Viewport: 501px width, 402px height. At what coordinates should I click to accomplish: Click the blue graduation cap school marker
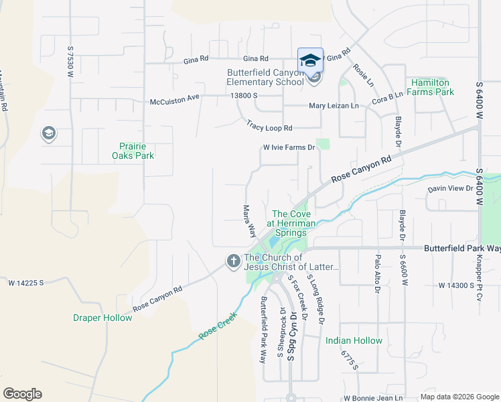coord(310,60)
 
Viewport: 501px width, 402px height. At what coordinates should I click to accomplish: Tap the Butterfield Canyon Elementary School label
coord(265,77)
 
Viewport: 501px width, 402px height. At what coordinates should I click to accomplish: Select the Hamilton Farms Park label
coord(432,87)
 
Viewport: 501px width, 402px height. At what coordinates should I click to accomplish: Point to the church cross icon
coord(233,261)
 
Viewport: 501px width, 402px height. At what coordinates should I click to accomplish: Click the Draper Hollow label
coord(102,318)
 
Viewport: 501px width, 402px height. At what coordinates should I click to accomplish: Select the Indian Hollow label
coord(354,341)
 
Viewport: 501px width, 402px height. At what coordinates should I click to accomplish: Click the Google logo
coord(22,394)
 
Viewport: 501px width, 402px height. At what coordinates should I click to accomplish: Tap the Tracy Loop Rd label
coord(269,126)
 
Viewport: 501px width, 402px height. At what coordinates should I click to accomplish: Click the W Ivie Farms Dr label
coord(288,147)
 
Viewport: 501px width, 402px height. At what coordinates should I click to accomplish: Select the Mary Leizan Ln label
coord(334,106)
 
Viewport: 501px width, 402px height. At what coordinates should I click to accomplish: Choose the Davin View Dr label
coord(450,189)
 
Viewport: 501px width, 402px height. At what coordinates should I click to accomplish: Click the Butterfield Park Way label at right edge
coord(462,248)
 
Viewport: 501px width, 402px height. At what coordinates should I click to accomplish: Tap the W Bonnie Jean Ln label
coord(373,397)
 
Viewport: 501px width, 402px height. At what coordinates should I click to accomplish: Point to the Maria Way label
coord(249,221)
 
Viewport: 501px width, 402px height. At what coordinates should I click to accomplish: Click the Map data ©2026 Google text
coord(459,397)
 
